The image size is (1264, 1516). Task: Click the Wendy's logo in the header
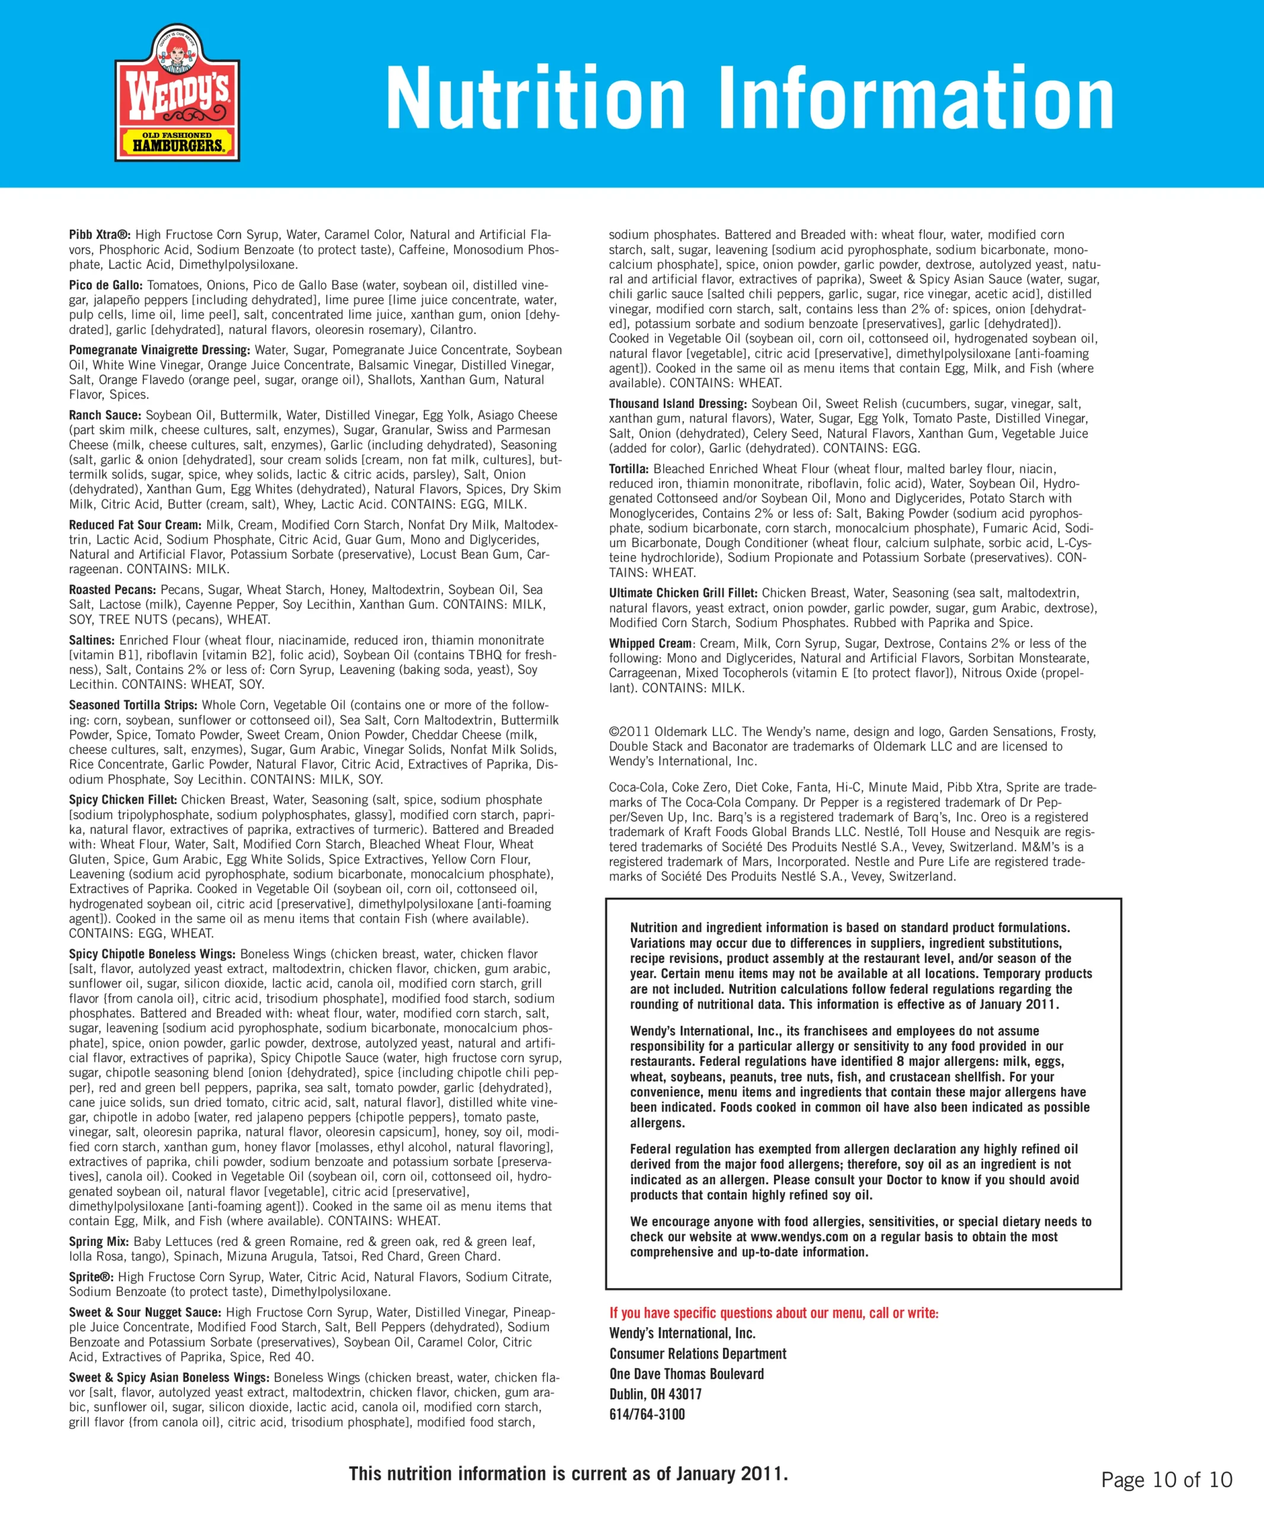tap(177, 92)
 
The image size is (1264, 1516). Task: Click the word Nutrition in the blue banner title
tap(535, 98)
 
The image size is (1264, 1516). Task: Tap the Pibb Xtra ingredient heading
tap(100, 235)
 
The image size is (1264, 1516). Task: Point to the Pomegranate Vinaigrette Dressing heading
tap(159, 350)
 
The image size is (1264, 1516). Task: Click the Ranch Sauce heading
tap(105, 415)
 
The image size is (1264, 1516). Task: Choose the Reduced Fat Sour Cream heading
tap(135, 525)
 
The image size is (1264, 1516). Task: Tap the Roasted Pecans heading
tap(112, 590)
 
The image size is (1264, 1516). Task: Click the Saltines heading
tap(92, 640)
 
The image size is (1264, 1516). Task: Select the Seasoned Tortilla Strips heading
tap(133, 705)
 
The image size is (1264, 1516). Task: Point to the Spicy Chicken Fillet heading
tap(123, 800)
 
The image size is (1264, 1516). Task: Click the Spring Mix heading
tap(99, 1242)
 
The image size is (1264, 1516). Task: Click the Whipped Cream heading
tap(649, 643)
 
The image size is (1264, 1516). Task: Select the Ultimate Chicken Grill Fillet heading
tap(683, 593)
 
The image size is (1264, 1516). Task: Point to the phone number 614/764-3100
tap(647, 1414)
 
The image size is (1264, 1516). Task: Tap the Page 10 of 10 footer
tap(1166, 1480)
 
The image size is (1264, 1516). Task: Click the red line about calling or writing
tap(773, 1313)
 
